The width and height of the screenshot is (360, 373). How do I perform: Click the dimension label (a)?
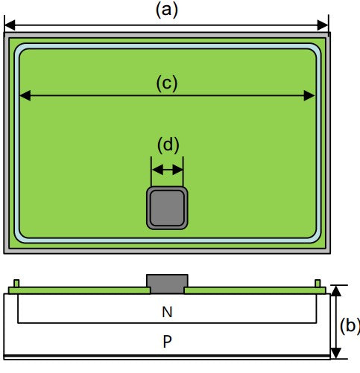[167, 10]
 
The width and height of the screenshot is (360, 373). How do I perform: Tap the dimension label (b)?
[350, 325]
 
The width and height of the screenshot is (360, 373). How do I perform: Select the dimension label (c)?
[167, 83]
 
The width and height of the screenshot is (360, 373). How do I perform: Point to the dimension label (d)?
[168, 144]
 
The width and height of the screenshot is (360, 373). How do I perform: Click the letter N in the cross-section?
[167, 312]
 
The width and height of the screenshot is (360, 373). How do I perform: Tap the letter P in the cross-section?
[167, 341]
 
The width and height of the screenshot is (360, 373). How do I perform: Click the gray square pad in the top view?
[167, 208]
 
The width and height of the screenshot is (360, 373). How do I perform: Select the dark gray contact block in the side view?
[167, 284]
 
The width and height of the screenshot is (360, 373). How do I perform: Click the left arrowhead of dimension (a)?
[10, 25]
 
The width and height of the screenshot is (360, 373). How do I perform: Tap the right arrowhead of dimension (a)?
[323, 25]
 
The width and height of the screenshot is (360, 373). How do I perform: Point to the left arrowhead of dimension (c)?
[25, 95]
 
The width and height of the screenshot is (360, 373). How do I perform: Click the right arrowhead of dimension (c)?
[309, 95]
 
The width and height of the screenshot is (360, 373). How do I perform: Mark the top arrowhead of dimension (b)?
[336, 291]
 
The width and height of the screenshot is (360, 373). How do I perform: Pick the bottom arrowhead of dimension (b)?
[336, 353]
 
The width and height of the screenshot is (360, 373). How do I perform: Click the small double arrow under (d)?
[167, 170]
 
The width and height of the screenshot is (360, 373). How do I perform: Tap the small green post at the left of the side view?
[16, 284]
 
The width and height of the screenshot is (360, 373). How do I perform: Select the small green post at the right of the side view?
[318, 284]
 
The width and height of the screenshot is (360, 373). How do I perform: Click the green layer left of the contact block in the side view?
[79, 290]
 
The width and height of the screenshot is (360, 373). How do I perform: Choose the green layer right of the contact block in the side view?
[255, 290]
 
